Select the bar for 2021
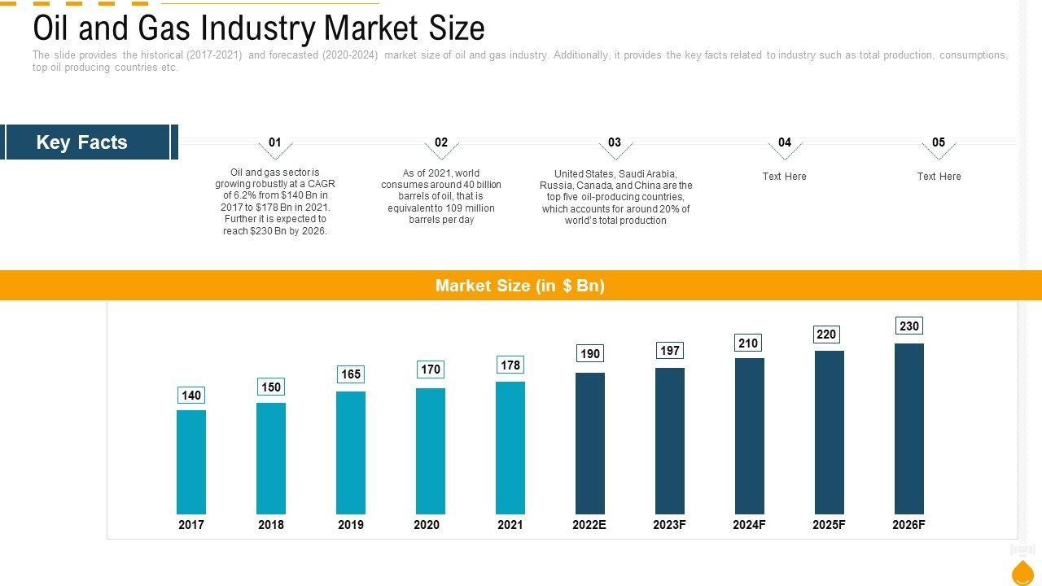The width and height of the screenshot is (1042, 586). (x=510, y=448)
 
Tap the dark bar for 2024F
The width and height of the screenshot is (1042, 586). (x=750, y=435)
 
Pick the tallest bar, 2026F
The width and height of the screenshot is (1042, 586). (x=909, y=428)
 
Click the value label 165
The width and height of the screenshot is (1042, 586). (x=351, y=374)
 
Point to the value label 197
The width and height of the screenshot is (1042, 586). (x=670, y=351)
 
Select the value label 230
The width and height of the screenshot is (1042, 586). (x=909, y=326)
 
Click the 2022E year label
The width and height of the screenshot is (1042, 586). (x=589, y=525)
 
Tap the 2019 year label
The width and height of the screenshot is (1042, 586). (x=351, y=525)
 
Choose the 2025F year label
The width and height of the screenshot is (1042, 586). (x=829, y=525)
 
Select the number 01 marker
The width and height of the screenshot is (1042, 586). (x=275, y=142)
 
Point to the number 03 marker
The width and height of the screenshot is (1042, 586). (x=615, y=142)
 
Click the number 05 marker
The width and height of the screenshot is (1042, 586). (x=939, y=142)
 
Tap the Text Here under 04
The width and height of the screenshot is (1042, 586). (x=784, y=177)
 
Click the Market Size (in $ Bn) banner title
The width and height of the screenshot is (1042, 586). (x=520, y=286)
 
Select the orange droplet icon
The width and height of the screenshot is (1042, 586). (x=1022, y=572)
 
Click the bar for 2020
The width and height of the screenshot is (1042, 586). (x=431, y=451)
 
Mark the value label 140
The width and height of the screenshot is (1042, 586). (x=191, y=396)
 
